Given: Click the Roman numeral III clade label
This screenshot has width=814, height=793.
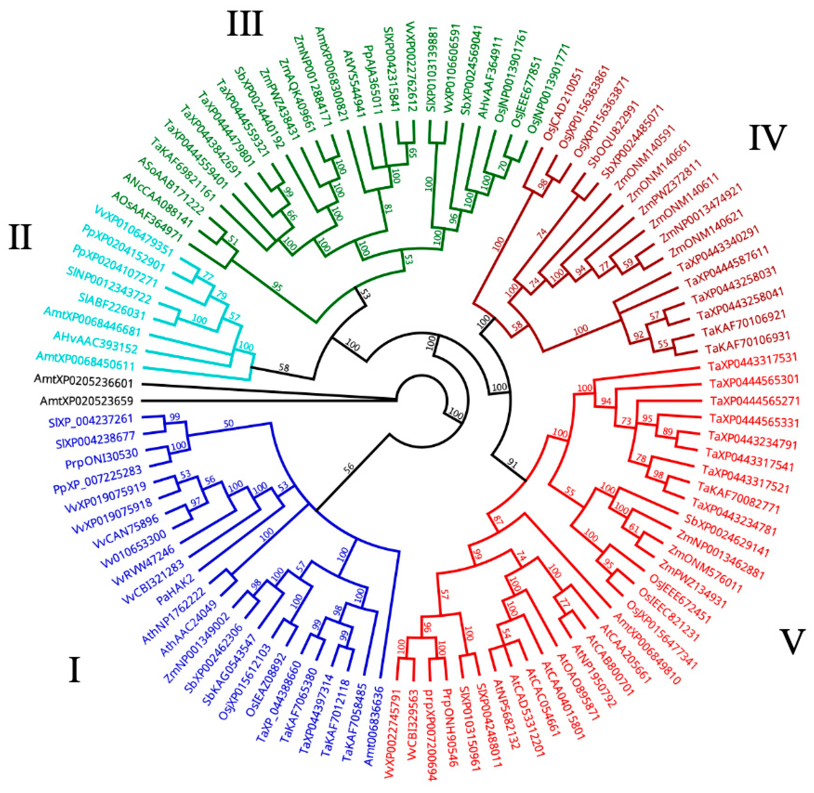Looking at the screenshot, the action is [x=245, y=24].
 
